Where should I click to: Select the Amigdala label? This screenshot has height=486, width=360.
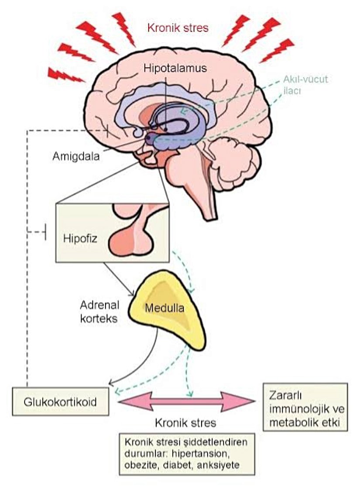[75, 156]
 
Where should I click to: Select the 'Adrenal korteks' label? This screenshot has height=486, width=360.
[99, 311]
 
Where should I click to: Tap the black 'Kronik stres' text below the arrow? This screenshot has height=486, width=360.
[185, 423]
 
